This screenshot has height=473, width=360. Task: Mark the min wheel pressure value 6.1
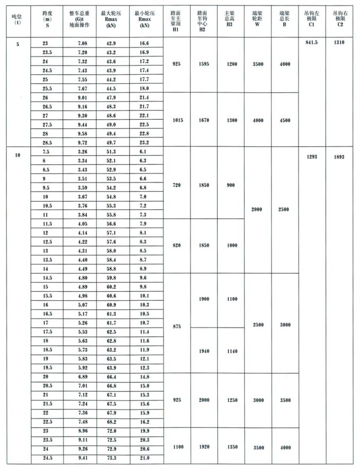tap(142, 152)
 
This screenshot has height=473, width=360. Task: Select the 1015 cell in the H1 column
tap(178, 120)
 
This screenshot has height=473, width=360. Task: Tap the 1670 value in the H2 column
tap(203, 120)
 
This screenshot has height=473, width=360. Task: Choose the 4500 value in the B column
tap(285, 120)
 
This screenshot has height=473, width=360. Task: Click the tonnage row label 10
tap(18, 155)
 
